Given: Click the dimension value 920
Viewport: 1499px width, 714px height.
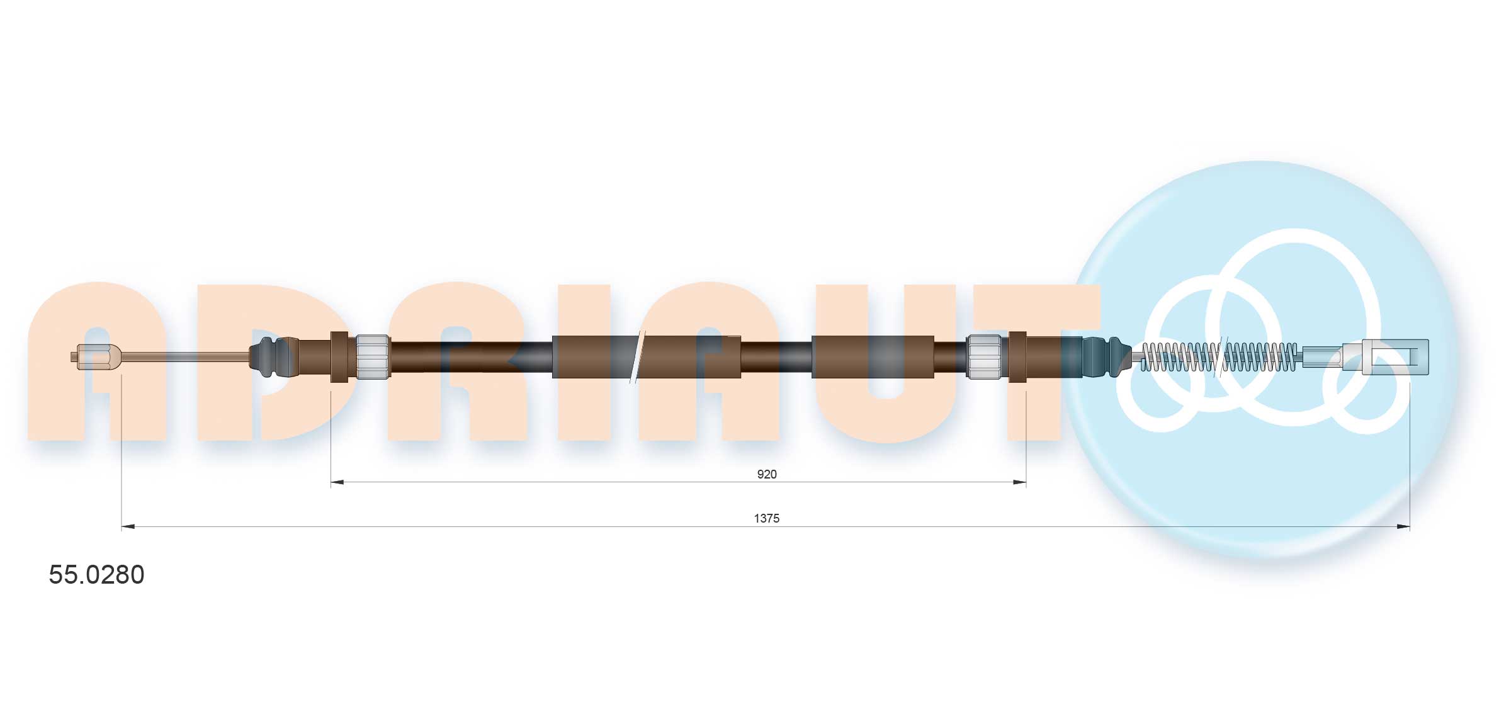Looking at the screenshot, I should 766,474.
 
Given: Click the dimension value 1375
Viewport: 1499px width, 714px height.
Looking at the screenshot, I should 766,518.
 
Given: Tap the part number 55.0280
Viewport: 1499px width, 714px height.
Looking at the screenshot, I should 96,574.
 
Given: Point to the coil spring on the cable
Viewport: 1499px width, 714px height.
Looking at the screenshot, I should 1219,357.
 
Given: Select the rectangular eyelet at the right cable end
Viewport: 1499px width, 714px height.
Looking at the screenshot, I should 1394,357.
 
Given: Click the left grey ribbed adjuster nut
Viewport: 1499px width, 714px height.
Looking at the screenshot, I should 373,357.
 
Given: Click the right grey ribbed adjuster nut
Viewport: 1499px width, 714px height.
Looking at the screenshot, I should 984,357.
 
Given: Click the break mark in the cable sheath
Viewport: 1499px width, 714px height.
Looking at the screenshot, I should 637,357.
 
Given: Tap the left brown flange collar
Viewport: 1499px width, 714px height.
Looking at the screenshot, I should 339,357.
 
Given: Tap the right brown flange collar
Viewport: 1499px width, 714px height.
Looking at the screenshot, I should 1017,357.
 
